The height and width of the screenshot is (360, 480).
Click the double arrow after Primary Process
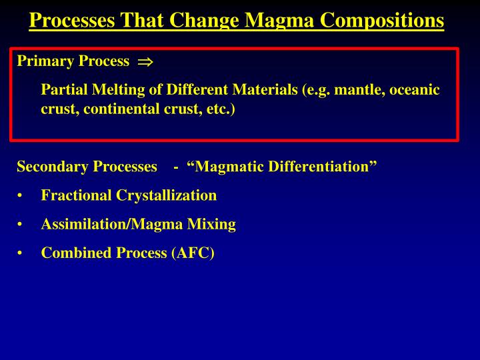[145, 62]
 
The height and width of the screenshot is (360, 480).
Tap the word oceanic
[415, 89]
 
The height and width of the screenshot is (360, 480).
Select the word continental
[119, 109]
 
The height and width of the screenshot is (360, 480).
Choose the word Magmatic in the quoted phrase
[227, 167]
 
